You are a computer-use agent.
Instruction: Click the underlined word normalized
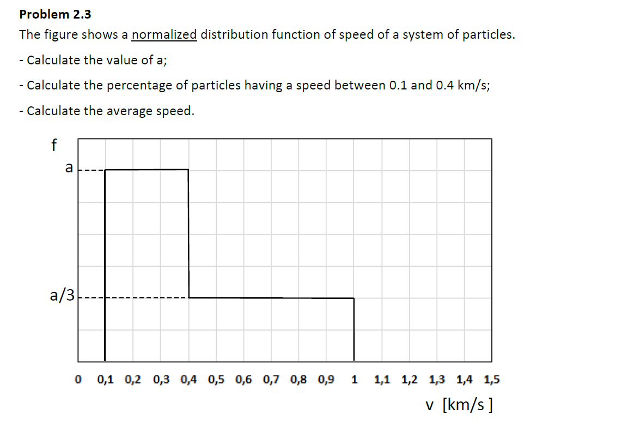click(164, 35)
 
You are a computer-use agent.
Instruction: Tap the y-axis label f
click(53, 146)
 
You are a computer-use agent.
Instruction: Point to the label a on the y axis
click(69, 169)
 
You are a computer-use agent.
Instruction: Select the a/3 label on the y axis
click(62, 296)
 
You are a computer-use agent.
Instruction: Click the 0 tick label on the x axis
click(78, 379)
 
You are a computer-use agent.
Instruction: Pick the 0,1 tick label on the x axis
click(106, 379)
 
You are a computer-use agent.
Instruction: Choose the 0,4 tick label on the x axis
click(188, 379)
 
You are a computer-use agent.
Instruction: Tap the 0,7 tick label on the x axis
click(271, 379)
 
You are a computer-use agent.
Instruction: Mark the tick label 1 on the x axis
click(355, 379)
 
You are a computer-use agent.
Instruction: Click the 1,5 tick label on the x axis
click(492, 379)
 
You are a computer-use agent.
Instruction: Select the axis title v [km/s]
click(460, 405)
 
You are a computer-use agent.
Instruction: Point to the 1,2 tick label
click(410, 379)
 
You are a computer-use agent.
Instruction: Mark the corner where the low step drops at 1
click(353, 298)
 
